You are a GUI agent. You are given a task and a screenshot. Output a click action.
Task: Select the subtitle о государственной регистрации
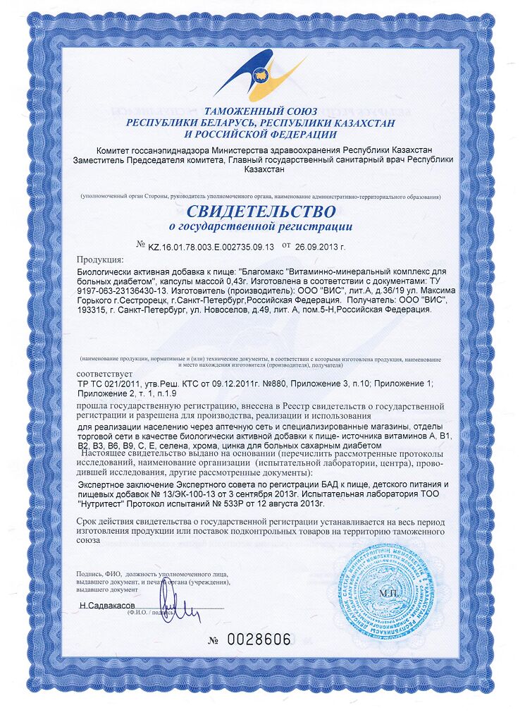coord(261,226)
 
